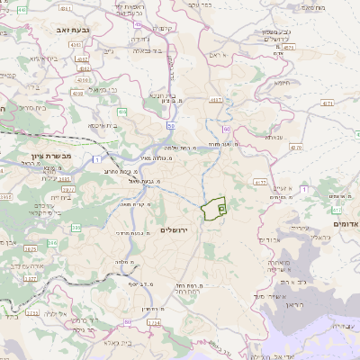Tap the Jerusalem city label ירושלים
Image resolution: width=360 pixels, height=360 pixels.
coord(176,230)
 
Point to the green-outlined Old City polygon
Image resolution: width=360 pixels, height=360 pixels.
coord(214,209)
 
